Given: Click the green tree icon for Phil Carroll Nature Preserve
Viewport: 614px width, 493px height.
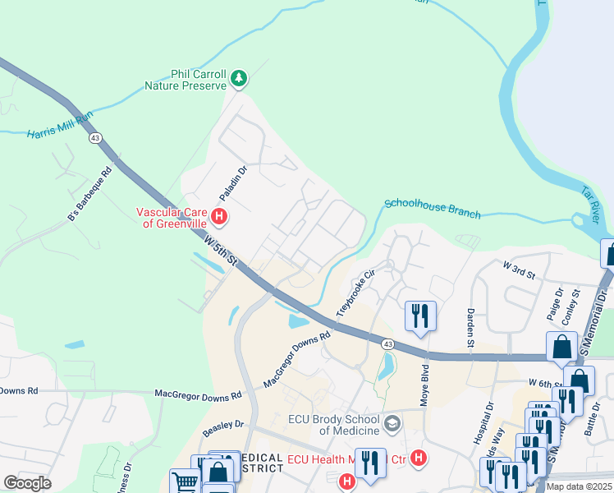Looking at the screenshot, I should (239, 79).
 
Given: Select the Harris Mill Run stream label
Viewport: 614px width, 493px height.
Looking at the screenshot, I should (60, 127).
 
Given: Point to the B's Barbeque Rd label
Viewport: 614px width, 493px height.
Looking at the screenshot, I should (89, 196).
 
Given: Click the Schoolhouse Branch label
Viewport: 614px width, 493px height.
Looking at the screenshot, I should (432, 208).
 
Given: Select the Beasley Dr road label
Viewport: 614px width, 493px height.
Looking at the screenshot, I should (223, 426).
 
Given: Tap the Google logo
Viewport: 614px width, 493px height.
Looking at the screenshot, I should (27, 482).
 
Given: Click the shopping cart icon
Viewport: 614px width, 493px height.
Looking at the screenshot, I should (184, 481).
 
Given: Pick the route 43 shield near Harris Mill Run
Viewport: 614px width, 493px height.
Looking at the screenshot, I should (96, 138).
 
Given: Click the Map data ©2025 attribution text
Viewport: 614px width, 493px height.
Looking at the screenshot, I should (579, 486).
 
